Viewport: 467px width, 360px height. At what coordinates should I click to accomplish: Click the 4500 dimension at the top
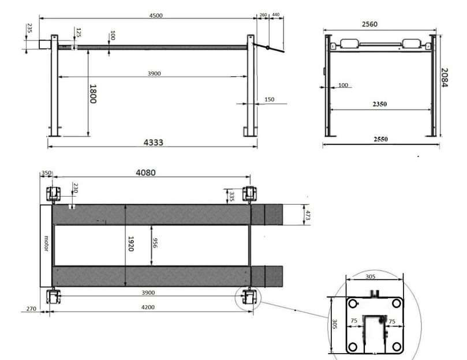[156, 16]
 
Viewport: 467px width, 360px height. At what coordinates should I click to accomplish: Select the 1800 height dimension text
[93, 94]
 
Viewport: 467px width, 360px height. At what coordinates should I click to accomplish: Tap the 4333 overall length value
[154, 142]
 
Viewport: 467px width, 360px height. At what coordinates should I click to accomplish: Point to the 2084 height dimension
[444, 78]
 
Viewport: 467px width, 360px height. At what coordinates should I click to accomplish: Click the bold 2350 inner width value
[379, 104]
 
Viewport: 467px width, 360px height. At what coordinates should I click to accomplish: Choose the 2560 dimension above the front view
[369, 24]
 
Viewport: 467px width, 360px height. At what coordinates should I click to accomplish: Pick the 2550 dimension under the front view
[380, 139]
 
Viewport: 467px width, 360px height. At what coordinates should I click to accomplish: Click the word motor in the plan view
[46, 243]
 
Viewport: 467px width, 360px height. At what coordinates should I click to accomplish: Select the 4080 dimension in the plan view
[145, 172]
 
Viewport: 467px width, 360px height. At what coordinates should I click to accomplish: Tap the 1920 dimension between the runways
[130, 243]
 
